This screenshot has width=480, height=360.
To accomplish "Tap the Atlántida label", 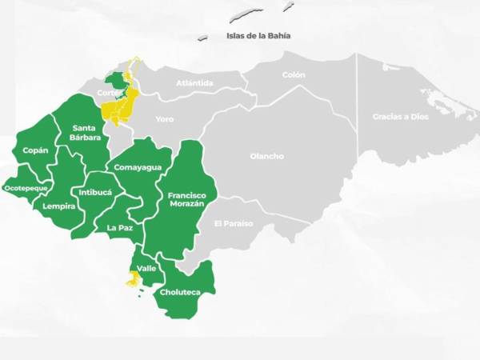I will (x=194, y=82).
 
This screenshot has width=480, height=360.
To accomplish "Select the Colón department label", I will (x=294, y=75).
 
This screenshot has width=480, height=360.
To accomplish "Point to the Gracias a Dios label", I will (x=400, y=117).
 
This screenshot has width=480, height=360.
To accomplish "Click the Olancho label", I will (x=266, y=156).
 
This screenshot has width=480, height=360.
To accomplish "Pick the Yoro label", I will (x=165, y=119).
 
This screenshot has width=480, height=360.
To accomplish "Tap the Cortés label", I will (x=109, y=93).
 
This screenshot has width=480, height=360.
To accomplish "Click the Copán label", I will (x=35, y=150).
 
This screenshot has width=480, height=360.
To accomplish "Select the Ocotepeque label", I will (x=27, y=188).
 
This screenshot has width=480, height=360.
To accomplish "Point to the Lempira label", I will (x=59, y=206).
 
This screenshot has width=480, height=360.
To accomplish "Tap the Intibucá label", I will (x=95, y=192).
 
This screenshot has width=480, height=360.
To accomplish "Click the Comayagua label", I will (x=138, y=167).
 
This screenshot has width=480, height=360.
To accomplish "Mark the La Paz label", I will (x=120, y=227).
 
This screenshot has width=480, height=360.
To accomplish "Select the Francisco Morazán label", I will (x=187, y=199).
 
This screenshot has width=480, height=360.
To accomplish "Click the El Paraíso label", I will (x=233, y=223).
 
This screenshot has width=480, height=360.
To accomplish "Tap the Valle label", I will (x=146, y=268).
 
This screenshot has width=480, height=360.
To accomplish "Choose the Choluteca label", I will (x=180, y=292).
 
